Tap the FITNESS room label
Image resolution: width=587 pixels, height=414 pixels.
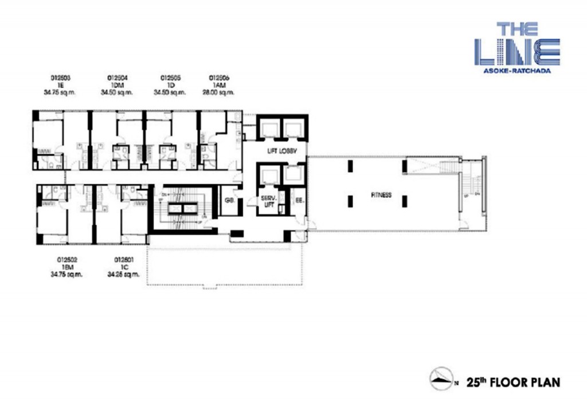pyautogui.click(x=381, y=195)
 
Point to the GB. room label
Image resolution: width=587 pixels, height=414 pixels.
pyautogui.click(x=229, y=201)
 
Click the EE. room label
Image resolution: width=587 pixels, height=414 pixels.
pyautogui.click(x=299, y=201)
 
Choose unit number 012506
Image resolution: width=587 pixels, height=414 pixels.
pyautogui.click(x=220, y=77)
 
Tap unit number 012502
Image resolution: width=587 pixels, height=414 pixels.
pyautogui.click(x=67, y=260)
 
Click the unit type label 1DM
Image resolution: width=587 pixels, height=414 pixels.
pyautogui.click(x=117, y=84)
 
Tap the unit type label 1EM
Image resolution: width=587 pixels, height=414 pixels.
pyautogui.click(x=67, y=267)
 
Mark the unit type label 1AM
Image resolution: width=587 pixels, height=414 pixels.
pyautogui.click(x=220, y=84)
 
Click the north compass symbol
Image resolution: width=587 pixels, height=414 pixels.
pyautogui.click(x=443, y=380)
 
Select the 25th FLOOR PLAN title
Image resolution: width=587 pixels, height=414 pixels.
pyautogui.click(x=512, y=381)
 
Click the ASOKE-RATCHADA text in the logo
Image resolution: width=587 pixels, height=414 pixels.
pyautogui.click(x=516, y=71)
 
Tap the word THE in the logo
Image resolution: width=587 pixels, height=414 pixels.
pyautogui.click(x=516, y=29)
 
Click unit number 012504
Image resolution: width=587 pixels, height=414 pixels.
pyautogui.click(x=117, y=77)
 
